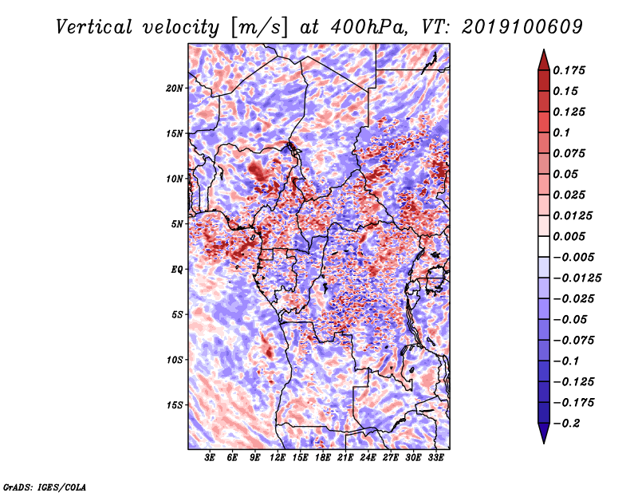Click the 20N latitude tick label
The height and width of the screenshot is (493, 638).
pyautogui.click(x=175, y=89)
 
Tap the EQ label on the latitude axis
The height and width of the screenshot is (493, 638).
pyautogui.click(x=176, y=270)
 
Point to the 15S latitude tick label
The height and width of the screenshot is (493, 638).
pyautogui.click(x=175, y=405)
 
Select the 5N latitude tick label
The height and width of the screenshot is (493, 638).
pyautogui.click(x=177, y=224)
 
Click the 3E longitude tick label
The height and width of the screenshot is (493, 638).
pyautogui.click(x=210, y=458)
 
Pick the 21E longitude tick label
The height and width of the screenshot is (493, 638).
pyautogui.click(x=345, y=458)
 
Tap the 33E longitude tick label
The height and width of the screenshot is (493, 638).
pyautogui.click(x=435, y=458)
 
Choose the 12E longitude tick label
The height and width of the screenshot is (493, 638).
pyautogui.click(x=277, y=458)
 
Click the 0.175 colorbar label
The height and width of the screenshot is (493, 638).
pyautogui.click(x=569, y=70)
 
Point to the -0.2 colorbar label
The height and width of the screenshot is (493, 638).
pyautogui.click(x=566, y=424)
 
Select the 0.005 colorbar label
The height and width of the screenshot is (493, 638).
pyautogui.click(x=569, y=236)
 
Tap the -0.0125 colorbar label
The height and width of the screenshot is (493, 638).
pyautogui.click(x=577, y=278)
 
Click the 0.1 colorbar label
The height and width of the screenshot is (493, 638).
pyautogui.click(x=561, y=132)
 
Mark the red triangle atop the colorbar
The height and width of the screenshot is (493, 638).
pyautogui.click(x=544, y=60)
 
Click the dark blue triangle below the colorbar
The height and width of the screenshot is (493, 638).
pyautogui.click(x=544, y=433)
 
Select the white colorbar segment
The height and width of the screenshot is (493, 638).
pyautogui.click(x=544, y=246)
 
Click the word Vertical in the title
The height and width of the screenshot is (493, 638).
pyautogui.click(x=94, y=27)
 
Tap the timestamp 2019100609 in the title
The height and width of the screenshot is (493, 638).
pyautogui.click(x=522, y=27)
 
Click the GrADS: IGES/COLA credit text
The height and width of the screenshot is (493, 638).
pyautogui.click(x=45, y=487)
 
